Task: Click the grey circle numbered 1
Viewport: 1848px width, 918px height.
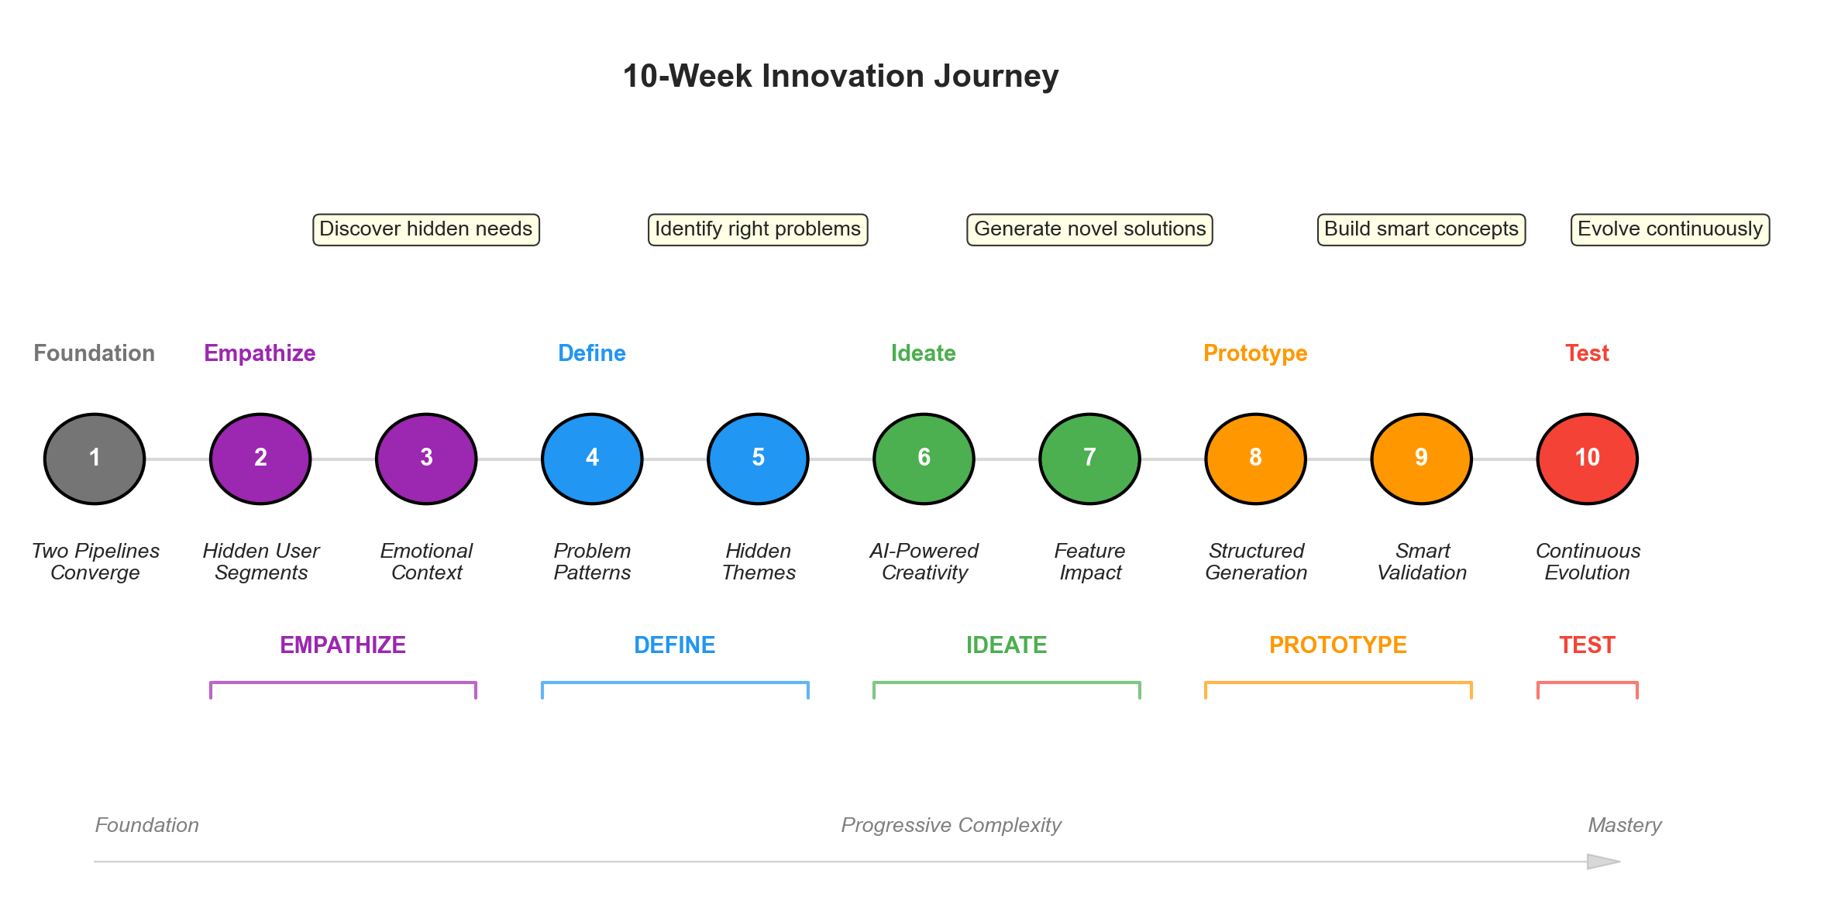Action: pyautogui.click(x=95, y=459)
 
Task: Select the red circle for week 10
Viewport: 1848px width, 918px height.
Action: pyautogui.click(x=1587, y=459)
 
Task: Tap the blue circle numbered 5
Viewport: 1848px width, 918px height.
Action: pyautogui.click(x=758, y=459)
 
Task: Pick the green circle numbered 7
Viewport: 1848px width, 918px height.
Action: pyautogui.click(x=1089, y=459)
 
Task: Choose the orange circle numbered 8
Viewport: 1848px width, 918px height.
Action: pyautogui.click(x=1255, y=459)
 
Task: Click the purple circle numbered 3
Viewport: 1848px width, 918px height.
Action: pyautogui.click(x=426, y=459)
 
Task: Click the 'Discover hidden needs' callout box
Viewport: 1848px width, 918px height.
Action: pyautogui.click(x=426, y=229)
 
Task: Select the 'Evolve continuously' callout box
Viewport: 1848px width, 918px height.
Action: pyautogui.click(x=1670, y=229)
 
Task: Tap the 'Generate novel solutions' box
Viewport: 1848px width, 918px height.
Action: pyautogui.click(x=1089, y=229)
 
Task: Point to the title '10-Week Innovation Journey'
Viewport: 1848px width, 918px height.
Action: pyautogui.click(x=841, y=76)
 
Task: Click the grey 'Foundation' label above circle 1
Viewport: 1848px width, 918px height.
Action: pyautogui.click(x=95, y=353)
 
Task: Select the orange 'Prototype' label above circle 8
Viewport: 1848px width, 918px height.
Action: pyautogui.click(x=1255, y=353)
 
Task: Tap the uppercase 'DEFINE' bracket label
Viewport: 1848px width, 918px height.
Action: pyautogui.click(x=674, y=645)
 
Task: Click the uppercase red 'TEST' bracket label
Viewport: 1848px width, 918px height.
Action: pyautogui.click(x=1587, y=645)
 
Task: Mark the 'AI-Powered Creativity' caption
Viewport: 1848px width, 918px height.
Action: pyautogui.click(x=924, y=562)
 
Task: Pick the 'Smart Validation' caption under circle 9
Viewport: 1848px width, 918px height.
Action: pyautogui.click(x=1422, y=562)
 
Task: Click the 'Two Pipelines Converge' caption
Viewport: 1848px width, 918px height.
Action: pyautogui.click(x=95, y=562)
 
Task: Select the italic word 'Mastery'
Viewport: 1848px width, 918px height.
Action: pyautogui.click(x=1625, y=825)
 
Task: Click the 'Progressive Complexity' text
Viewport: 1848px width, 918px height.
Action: pyautogui.click(x=951, y=825)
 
